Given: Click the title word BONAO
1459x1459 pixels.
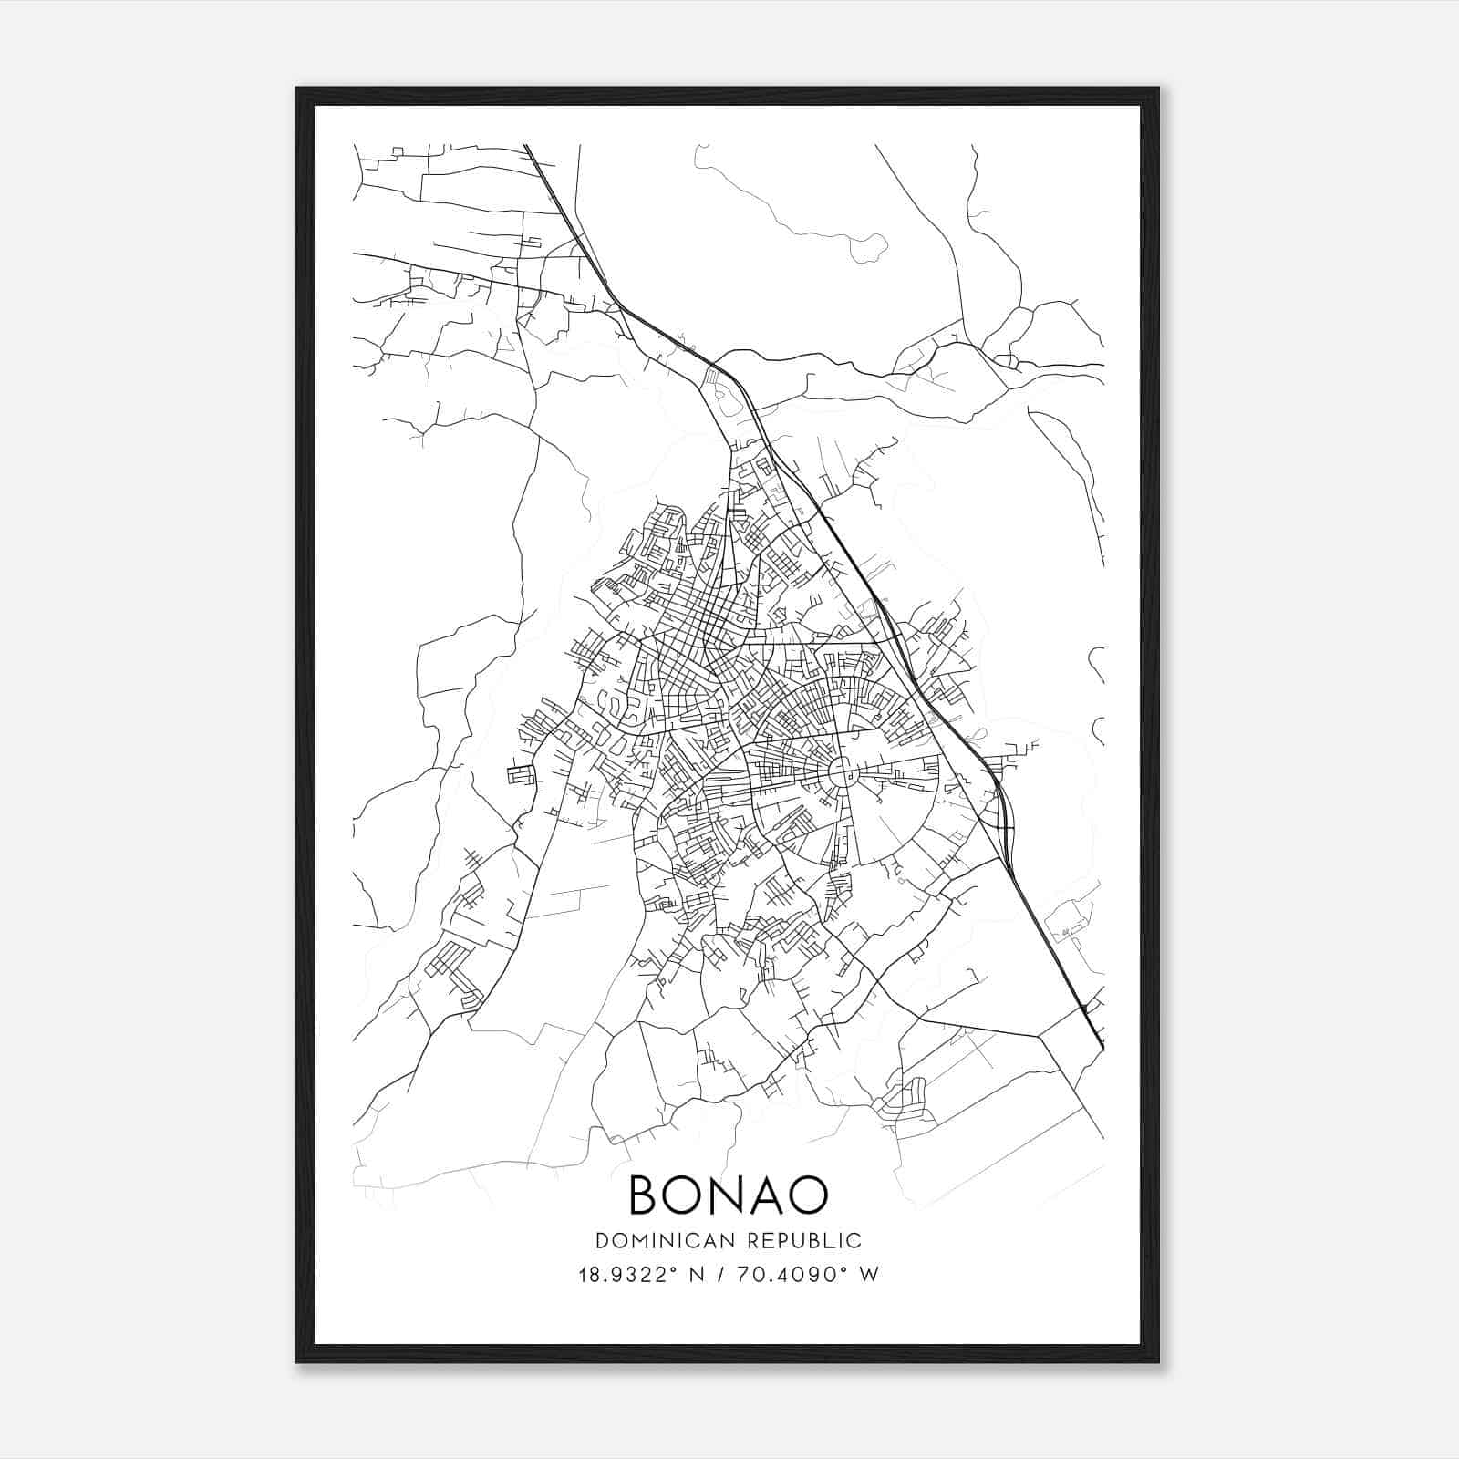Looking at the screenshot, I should [729, 1195].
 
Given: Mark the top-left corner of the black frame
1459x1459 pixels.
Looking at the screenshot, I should [297, 88].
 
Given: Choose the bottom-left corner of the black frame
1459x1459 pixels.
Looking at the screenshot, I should [297, 1361].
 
